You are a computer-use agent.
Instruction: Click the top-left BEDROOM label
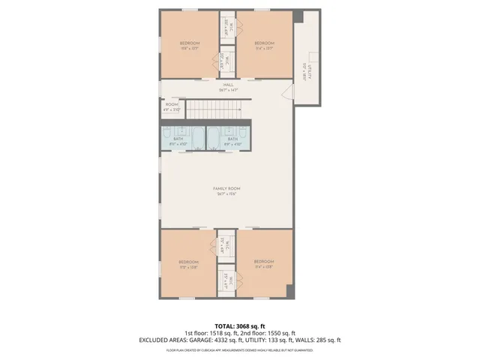189,43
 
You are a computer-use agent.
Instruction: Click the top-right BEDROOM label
263,43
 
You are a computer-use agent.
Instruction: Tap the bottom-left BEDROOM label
189,262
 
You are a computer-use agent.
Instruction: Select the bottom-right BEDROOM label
263,262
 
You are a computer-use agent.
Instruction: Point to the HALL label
228,85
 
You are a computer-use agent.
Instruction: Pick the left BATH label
177,138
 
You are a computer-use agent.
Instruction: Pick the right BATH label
232,138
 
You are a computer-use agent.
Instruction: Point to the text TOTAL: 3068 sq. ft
239,325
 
